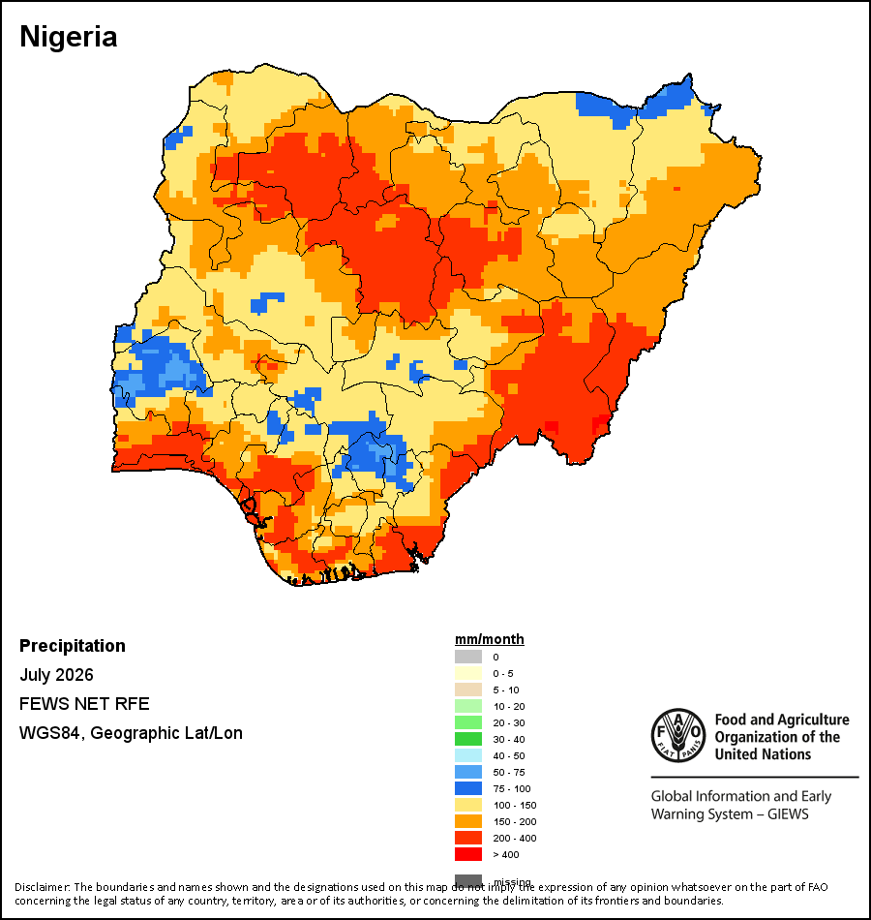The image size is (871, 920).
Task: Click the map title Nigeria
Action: click(x=69, y=38)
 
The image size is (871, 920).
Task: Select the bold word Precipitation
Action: click(x=73, y=646)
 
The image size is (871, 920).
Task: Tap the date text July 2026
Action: click(x=56, y=675)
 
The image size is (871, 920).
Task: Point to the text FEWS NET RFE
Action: click(x=84, y=704)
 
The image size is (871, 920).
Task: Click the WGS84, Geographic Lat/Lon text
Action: click(x=131, y=733)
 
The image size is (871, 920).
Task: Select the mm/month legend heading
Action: click(x=489, y=639)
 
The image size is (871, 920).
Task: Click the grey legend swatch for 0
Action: click(x=468, y=658)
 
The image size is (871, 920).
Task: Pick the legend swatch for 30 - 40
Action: click(x=468, y=739)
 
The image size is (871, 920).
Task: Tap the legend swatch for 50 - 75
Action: click(x=468, y=772)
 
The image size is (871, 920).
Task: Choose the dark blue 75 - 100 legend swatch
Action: click(x=468, y=788)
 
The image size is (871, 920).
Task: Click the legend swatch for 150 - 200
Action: click(x=468, y=821)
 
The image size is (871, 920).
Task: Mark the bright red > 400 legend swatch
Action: click(x=468, y=854)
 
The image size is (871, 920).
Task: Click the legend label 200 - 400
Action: click(x=515, y=839)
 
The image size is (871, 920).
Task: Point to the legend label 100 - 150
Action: click(x=515, y=806)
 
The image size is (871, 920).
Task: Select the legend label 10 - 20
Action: click(x=508, y=707)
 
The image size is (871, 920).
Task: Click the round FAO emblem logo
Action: click(x=678, y=735)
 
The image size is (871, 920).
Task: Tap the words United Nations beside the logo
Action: click(x=763, y=754)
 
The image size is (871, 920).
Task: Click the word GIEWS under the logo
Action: click(x=788, y=814)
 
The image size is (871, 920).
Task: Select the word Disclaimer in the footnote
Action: click(x=42, y=887)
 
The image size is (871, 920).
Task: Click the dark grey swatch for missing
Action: click(x=468, y=880)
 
